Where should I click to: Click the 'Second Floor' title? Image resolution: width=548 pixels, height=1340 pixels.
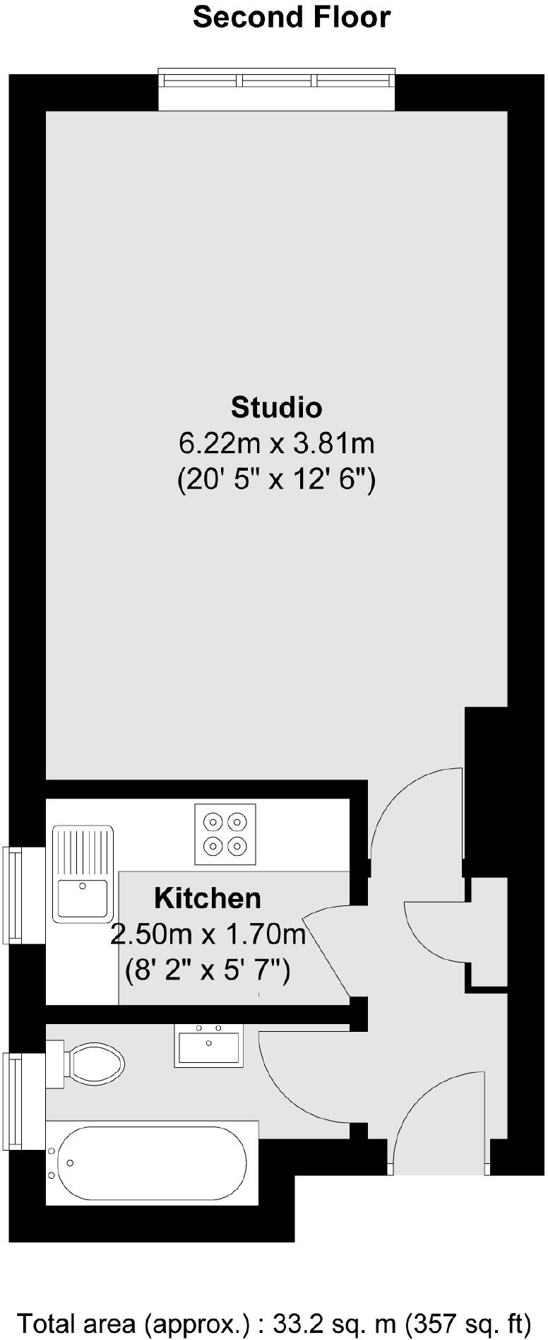click(x=292, y=18)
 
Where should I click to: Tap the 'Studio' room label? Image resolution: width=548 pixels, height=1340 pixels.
click(x=276, y=408)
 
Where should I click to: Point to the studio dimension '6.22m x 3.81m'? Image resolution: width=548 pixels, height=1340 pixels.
click(x=276, y=444)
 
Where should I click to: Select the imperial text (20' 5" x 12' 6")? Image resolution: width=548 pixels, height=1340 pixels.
click(x=276, y=481)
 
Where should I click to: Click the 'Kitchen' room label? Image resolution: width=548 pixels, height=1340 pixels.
click(x=208, y=898)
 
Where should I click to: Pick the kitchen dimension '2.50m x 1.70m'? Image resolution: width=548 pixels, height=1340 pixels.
click(x=208, y=934)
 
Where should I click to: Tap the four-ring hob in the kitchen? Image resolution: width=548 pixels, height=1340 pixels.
click(x=225, y=834)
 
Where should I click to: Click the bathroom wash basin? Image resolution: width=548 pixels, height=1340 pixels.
click(x=209, y=1046)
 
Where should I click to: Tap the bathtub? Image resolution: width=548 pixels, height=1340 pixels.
click(x=152, y=1163)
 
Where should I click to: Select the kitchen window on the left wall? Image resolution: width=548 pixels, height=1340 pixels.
click(x=13, y=895)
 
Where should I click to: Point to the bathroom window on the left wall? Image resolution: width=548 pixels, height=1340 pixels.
click(x=13, y=1101)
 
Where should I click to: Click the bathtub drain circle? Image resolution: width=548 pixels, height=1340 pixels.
click(x=70, y=1163)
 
